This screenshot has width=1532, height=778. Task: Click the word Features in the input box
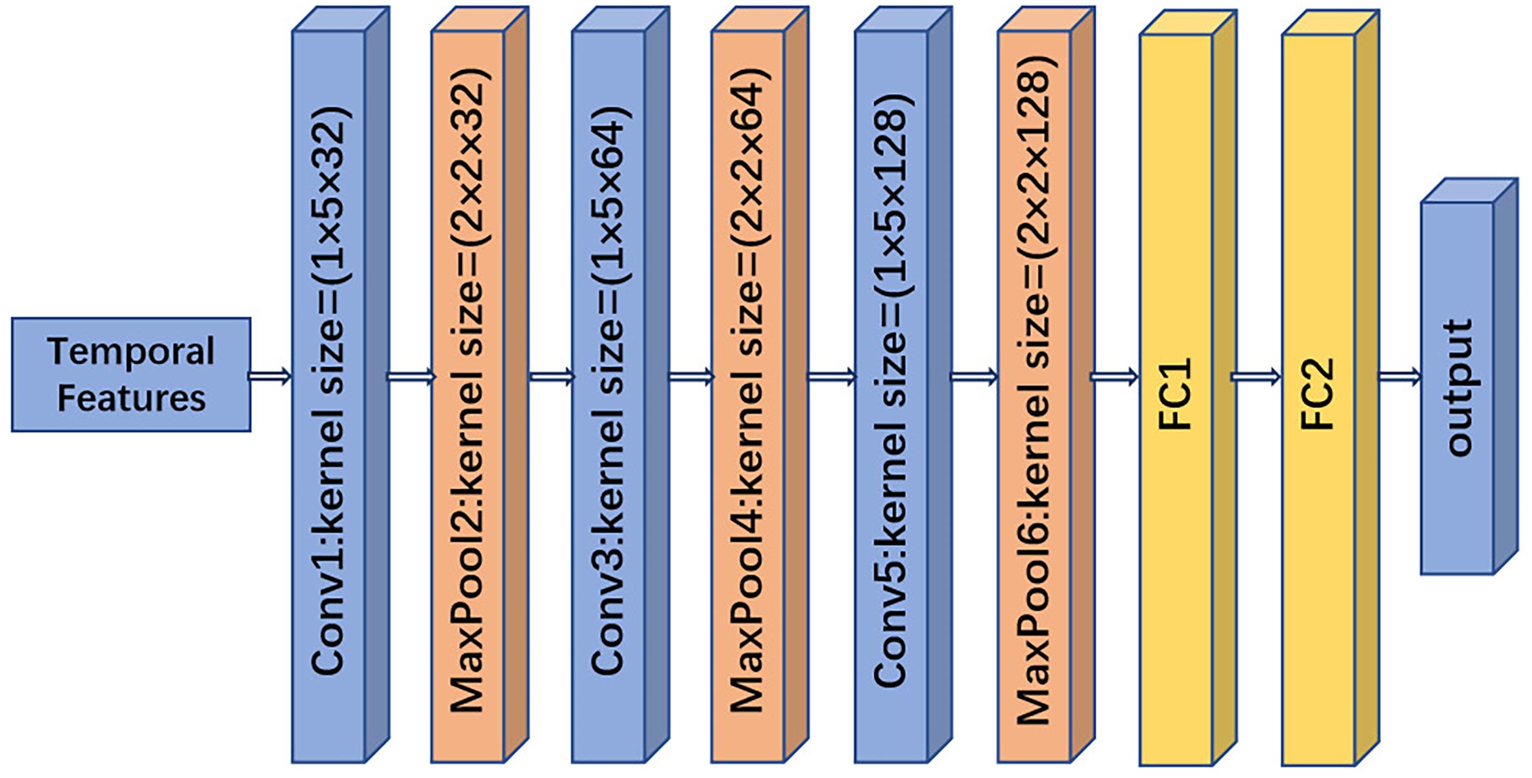(x=131, y=398)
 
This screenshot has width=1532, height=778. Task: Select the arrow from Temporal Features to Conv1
(x=270, y=376)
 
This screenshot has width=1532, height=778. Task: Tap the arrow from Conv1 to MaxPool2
(x=411, y=376)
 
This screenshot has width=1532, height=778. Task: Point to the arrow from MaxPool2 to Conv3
(x=552, y=376)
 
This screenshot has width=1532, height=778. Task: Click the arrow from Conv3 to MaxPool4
(x=691, y=376)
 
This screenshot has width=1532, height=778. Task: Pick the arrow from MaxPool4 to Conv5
(x=832, y=376)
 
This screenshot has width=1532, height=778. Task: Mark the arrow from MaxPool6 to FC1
(x=1114, y=376)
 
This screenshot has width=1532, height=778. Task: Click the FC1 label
(x=1175, y=394)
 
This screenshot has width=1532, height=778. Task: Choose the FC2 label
(x=1317, y=394)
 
